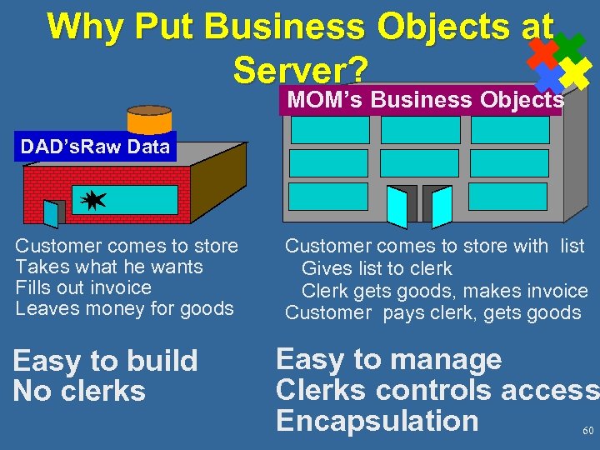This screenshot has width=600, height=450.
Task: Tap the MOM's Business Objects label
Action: pyautogui.click(x=425, y=100)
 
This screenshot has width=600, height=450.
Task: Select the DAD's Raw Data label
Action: pyautogui.click(x=95, y=147)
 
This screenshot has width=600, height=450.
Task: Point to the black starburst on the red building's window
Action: pyautogui.click(x=93, y=199)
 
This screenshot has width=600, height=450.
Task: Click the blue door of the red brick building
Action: pyautogui.click(x=53, y=213)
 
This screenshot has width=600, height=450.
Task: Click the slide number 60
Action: pyautogui.click(x=587, y=431)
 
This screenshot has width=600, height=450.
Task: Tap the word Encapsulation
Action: pyautogui.click(x=377, y=421)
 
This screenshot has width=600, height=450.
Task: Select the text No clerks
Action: pyautogui.click(x=79, y=391)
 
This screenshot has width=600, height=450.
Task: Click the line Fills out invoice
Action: pyautogui.click(x=83, y=287)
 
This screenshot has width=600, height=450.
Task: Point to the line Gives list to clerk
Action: pyautogui.click(x=377, y=268)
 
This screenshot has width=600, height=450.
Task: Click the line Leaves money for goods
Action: pyautogui.click(x=125, y=308)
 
